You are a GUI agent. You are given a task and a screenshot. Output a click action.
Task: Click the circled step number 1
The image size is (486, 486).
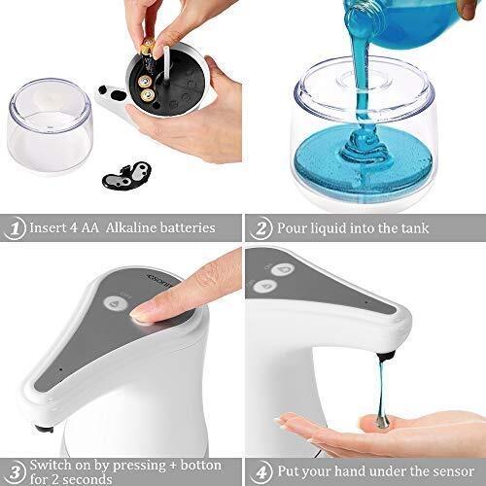coord(14,228)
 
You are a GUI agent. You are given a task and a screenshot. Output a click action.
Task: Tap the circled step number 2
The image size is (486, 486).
coord(260,228)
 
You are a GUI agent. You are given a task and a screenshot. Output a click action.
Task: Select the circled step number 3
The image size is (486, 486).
coord(15,472)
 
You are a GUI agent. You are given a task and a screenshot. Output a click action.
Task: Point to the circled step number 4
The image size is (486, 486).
coord(261,472)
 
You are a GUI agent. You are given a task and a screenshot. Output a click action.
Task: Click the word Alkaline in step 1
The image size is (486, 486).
coord(133,227)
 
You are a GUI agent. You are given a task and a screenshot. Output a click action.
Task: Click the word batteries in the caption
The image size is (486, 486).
coord(188,227)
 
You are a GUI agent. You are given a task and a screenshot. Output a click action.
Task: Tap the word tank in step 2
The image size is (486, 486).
coord(415,228)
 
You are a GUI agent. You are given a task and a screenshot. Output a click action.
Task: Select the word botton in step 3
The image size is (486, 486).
coord(201,466)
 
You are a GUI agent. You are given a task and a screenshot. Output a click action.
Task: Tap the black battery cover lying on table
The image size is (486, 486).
coord(127,177)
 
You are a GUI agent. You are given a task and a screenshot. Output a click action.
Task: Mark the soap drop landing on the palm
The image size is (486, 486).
coord(383,421)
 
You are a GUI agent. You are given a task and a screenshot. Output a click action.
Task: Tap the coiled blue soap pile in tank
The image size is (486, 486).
coord(364,153)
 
